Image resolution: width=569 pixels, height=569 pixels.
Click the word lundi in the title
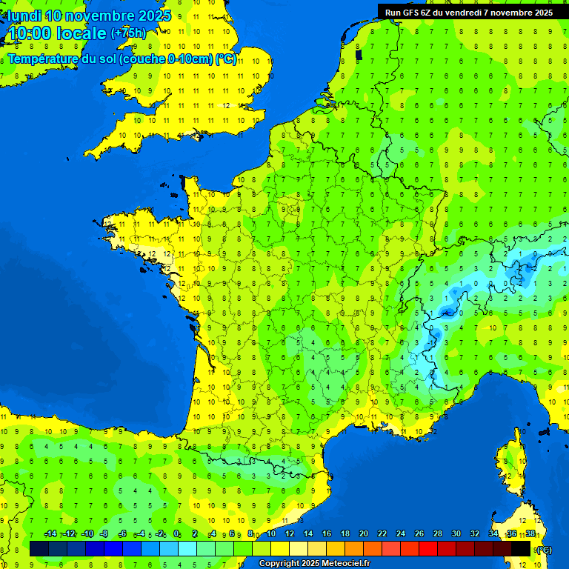point(24,16)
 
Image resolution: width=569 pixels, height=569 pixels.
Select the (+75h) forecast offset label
point(128,33)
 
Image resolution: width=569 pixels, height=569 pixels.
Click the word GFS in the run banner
point(411,13)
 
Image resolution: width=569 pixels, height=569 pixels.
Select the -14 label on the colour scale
point(51,534)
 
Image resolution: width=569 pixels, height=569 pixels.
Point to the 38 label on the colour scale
point(530,534)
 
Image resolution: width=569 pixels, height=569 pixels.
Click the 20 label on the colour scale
point(364,534)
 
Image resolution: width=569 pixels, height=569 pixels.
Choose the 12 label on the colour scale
point(290,534)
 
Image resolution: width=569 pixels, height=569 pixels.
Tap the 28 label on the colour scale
point(438,534)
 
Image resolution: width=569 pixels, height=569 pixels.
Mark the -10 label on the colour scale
point(87,534)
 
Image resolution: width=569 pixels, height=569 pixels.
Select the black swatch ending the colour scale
point(521,548)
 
